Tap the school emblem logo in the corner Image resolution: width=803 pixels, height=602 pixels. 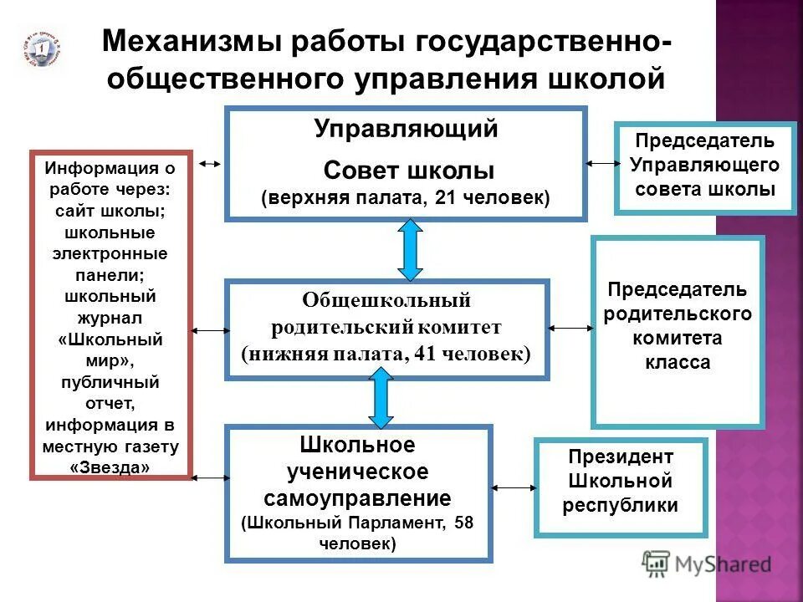pos(38,50)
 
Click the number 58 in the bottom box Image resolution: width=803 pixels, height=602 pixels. pos(463,523)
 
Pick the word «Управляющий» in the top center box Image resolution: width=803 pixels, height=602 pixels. pos(406,130)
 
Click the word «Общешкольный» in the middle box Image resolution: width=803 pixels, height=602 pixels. pos(386,299)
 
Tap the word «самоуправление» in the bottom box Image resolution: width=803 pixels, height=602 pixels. pos(357,499)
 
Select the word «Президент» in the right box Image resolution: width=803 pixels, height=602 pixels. pos(620,457)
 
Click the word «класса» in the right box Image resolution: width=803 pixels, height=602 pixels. pos(678,363)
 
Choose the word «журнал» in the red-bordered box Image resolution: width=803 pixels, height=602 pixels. pos(111,319)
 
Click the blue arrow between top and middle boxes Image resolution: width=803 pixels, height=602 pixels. pos(410,249)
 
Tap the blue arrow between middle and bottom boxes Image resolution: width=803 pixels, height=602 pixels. pos(381,399)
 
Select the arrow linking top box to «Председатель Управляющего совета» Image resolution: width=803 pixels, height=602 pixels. pos(600,162)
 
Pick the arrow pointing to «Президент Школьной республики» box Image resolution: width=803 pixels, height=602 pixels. pos(514,486)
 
